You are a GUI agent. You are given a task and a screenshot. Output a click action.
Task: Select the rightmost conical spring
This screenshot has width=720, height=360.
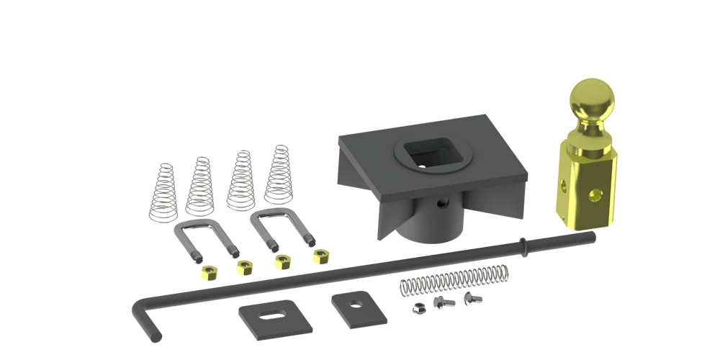[x=278, y=176]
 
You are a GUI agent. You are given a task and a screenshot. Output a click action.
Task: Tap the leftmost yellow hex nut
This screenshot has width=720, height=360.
[x=210, y=272]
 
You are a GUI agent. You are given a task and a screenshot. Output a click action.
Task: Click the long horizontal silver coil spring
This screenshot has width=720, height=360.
[x=454, y=279]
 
